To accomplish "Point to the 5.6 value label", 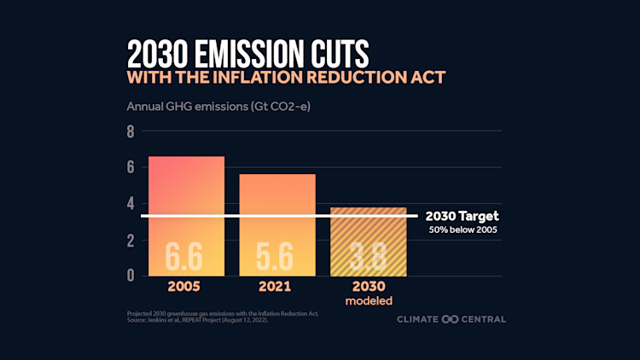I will pyautogui.click(x=277, y=255).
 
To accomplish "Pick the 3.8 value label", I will pyautogui.click(x=368, y=255).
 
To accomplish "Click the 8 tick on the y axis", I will pyautogui.click(x=131, y=132).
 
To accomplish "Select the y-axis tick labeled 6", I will pyautogui.click(x=131, y=168).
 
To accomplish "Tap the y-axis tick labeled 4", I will pyautogui.click(x=131, y=204).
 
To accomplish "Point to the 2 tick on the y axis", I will pyautogui.click(x=131, y=240).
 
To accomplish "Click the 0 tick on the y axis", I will pyautogui.click(x=131, y=275).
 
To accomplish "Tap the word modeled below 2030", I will pyautogui.click(x=368, y=302).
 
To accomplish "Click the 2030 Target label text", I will pyautogui.click(x=462, y=217).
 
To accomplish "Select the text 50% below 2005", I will pyautogui.click(x=463, y=230).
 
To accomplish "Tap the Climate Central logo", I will pyautogui.click(x=451, y=319).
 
